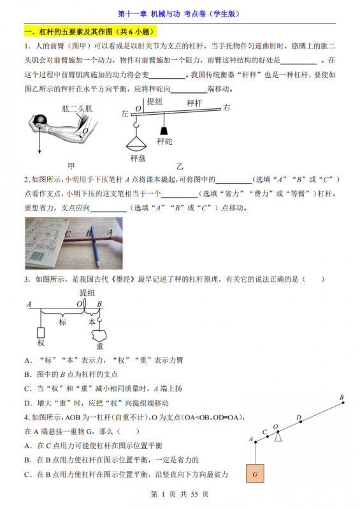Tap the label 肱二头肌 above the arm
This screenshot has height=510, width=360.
click(x=75, y=109)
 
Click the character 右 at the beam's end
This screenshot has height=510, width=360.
click(x=226, y=108)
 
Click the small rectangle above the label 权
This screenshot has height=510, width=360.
click(x=41, y=331)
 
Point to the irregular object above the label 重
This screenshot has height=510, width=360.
click(x=100, y=333)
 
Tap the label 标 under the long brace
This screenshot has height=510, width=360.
click(x=62, y=322)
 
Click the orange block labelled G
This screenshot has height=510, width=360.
click(x=255, y=474)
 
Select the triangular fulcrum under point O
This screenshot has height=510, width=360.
click(x=277, y=437)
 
